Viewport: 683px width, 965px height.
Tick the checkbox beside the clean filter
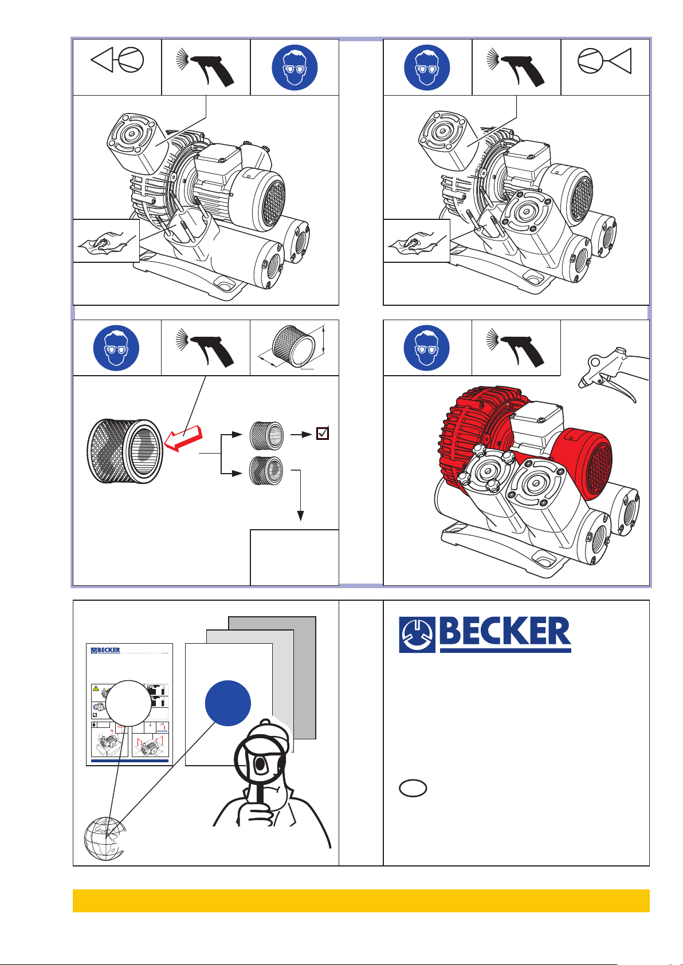pos(323,434)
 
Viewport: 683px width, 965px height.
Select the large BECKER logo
pos(485,635)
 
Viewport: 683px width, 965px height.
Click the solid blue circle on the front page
pos(227,703)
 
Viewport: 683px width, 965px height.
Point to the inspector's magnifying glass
pos(260,761)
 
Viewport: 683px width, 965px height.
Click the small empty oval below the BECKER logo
pos(413,789)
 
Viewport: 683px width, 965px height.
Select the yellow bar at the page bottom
pos(361,900)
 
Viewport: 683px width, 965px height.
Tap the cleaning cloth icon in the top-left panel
pos(106,241)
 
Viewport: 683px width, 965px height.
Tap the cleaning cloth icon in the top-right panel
pos(417,241)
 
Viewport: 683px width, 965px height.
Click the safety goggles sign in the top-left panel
pos(295,67)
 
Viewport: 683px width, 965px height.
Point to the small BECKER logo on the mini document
pos(105,651)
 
